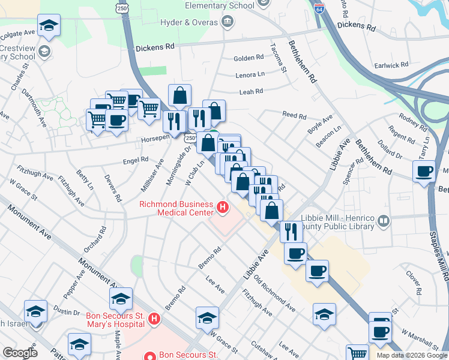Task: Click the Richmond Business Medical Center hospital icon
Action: (x=223, y=208)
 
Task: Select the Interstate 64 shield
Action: (x=319, y=7)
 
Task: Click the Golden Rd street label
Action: (x=249, y=58)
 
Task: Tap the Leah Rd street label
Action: (x=251, y=92)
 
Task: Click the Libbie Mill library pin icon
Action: (x=384, y=222)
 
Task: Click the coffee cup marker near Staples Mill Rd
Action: (x=424, y=171)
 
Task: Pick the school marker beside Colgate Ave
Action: (x=49, y=26)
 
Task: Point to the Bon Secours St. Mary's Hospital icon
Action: (x=154, y=318)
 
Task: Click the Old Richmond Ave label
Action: (x=274, y=293)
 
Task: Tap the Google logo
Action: (x=19, y=352)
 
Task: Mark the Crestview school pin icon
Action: (x=44, y=52)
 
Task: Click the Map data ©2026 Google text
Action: (x=411, y=355)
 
